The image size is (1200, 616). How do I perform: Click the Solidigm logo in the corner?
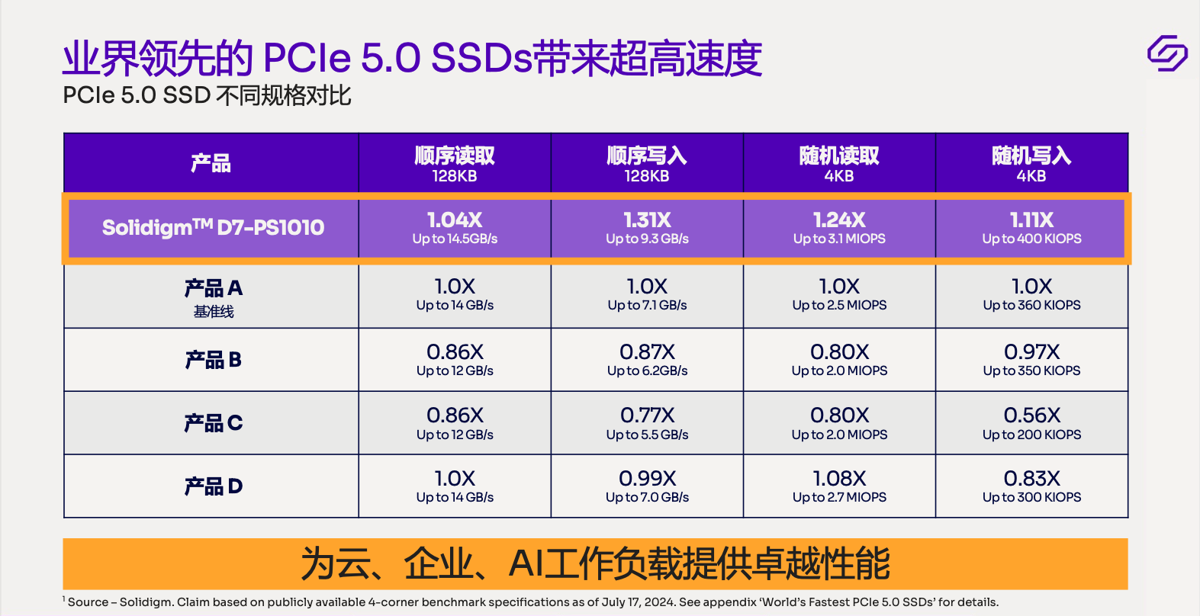(x=1167, y=53)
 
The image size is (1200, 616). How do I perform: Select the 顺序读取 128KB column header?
(x=455, y=164)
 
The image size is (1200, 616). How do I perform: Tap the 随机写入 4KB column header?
(x=1031, y=164)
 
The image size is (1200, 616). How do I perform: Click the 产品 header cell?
(x=211, y=163)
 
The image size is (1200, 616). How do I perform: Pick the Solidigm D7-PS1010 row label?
(x=214, y=227)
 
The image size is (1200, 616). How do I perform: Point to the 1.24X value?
(x=839, y=220)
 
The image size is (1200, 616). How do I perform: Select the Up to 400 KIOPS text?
(x=1031, y=239)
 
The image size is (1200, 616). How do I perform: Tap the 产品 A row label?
(x=214, y=288)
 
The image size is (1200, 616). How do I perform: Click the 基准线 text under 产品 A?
(x=214, y=311)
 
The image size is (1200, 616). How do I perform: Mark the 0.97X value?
(x=1031, y=352)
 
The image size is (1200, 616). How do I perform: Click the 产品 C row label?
(x=214, y=423)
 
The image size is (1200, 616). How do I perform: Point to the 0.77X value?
(x=647, y=415)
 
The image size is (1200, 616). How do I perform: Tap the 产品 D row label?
(x=214, y=486)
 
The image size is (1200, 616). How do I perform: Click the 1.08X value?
(x=839, y=479)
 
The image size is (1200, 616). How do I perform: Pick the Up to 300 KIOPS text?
(x=1031, y=497)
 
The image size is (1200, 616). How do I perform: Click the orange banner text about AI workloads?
(x=595, y=563)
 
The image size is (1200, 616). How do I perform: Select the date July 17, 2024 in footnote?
(x=639, y=602)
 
